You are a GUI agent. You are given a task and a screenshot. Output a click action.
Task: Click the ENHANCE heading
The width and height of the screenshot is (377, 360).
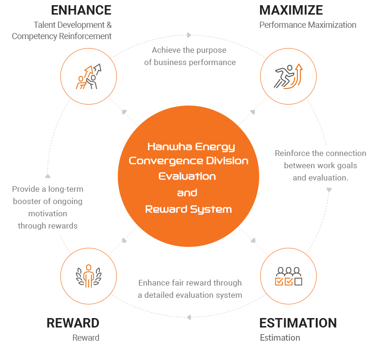click(x=81, y=10)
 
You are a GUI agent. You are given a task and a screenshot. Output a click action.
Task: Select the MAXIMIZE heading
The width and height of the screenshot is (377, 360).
click(x=291, y=10)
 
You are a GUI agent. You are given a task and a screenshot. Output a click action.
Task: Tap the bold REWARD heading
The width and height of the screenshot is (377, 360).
click(x=73, y=323)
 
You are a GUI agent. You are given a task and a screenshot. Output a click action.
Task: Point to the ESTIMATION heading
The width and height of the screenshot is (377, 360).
click(x=298, y=323)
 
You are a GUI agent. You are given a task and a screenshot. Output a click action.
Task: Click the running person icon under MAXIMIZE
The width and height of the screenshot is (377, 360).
click(x=288, y=77)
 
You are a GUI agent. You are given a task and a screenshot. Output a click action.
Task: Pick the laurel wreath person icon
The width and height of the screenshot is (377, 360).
click(x=89, y=276)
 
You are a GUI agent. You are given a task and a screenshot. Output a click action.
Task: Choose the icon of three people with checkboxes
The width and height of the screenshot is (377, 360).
click(x=288, y=276)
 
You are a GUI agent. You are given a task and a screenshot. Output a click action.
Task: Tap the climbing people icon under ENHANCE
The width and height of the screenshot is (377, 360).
click(x=89, y=77)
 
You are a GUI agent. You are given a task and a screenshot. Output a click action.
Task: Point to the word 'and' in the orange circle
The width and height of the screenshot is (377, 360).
click(x=187, y=193)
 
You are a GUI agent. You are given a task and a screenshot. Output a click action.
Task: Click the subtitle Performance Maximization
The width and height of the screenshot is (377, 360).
click(x=308, y=25)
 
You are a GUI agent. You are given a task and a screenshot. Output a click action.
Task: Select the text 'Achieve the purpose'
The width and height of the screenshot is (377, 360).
click(x=189, y=50)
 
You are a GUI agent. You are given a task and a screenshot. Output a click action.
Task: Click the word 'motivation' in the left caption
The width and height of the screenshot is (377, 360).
click(x=48, y=213)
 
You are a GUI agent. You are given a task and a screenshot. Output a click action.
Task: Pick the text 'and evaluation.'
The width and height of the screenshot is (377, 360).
click(x=320, y=178)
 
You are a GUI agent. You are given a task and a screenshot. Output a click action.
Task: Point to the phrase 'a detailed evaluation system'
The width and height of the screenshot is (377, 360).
click(x=190, y=295)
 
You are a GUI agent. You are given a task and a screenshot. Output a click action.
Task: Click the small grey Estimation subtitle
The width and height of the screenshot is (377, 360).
click(x=280, y=337)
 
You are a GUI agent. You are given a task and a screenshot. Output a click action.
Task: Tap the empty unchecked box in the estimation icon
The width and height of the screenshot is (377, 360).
click(x=298, y=281)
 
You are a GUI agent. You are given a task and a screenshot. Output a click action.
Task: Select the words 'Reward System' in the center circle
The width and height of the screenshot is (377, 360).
click(x=188, y=209)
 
